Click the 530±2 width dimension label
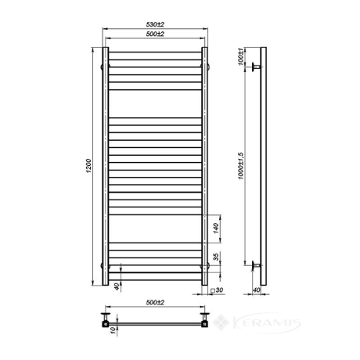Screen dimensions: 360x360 click(x=155, y=24)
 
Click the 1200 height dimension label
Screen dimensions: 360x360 click(x=88, y=166)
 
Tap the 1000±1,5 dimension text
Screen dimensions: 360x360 click(x=240, y=166)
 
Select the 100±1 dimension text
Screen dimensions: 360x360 click(x=240, y=56)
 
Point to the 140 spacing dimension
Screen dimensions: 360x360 click(x=216, y=229)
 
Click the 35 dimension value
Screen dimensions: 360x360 click(x=216, y=257)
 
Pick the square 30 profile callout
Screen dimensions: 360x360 click(x=217, y=290)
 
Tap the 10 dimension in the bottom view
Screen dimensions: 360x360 click(x=113, y=330)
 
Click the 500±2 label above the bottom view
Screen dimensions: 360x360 click(x=155, y=302)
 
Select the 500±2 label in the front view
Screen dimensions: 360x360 click(x=155, y=34)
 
